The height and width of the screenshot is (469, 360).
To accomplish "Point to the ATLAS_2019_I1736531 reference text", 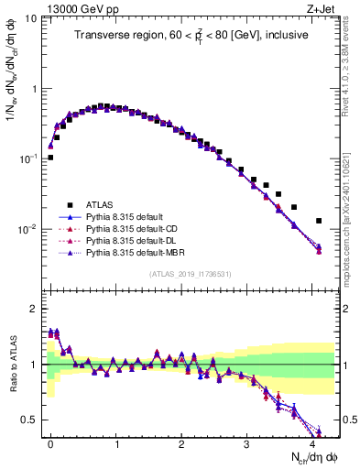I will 190,274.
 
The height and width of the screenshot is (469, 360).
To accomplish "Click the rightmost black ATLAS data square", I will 319,221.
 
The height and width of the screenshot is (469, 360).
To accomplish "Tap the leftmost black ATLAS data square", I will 50,158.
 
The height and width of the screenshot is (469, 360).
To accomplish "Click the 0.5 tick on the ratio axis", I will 28,420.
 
